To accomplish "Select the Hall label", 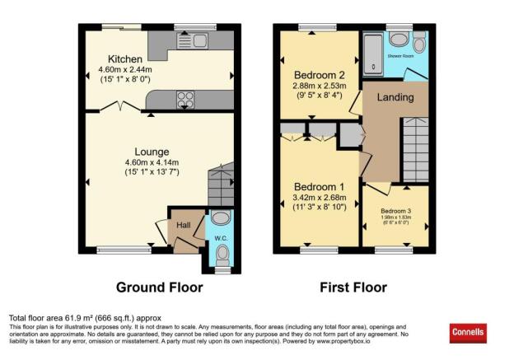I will [180, 225].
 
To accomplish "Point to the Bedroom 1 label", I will [319, 187].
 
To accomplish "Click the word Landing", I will [395, 98].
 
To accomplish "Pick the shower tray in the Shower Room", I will [371, 54].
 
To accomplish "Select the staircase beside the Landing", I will [414, 149].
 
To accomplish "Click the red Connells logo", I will [469, 334].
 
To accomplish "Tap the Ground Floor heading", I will [154, 288].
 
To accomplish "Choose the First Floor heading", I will [353, 288].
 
